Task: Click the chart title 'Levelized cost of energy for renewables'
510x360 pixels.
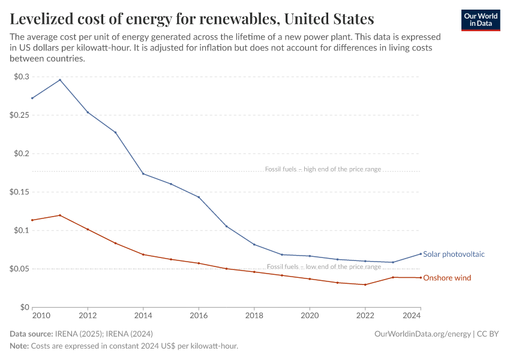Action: (x=192, y=19)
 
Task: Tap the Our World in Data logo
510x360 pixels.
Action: (x=480, y=20)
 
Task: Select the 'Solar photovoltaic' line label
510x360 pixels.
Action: (x=454, y=254)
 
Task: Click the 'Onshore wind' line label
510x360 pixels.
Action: (x=447, y=278)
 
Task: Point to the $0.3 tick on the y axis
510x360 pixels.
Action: (x=21, y=77)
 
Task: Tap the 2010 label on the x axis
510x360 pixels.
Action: (x=41, y=315)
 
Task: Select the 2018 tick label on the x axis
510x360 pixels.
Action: (x=254, y=315)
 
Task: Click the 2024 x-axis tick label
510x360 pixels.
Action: (x=412, y=315)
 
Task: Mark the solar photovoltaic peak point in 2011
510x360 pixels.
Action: (x=60, y=80)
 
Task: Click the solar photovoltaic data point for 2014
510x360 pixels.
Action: (x=143, y=174)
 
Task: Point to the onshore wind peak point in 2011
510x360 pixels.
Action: (x=60, y=215)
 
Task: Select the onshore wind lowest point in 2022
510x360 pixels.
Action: (x=365, y=284)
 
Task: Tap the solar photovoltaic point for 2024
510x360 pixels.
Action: (x=420, y=253)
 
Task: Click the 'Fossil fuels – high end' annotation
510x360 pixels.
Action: (x=323, y=169)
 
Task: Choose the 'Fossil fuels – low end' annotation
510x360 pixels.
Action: (x=323, y=266)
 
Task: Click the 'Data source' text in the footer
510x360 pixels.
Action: (x=31, y=334)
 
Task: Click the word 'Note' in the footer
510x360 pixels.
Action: (x=19, y=346)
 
